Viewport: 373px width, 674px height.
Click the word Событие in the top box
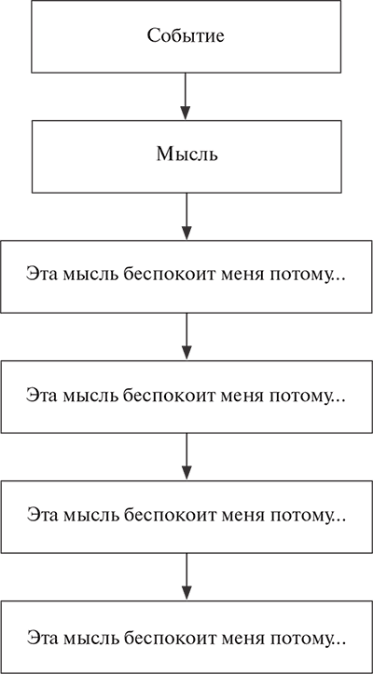pyautogui.click(x=186, y=36)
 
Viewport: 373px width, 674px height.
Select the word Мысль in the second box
pyautogui.click(x=186, y=155)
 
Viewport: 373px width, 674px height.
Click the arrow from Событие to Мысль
pyautogui.click(x=186, y=96)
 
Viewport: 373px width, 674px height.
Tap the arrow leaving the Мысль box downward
pyautogui.click(x=186, y=216)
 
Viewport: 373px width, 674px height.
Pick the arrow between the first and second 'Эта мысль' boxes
pyautogui.click(x=186, y=336)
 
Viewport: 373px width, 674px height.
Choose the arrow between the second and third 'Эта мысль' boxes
pyautogui.click(x=186, y=456)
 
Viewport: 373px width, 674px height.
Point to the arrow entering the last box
pyautogui.click(x=186, y=576)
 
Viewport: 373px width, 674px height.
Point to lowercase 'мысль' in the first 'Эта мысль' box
pyautogui.click(x=90, y=276)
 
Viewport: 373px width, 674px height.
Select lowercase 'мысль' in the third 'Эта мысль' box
pyautogui.click(x=90, y=517)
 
